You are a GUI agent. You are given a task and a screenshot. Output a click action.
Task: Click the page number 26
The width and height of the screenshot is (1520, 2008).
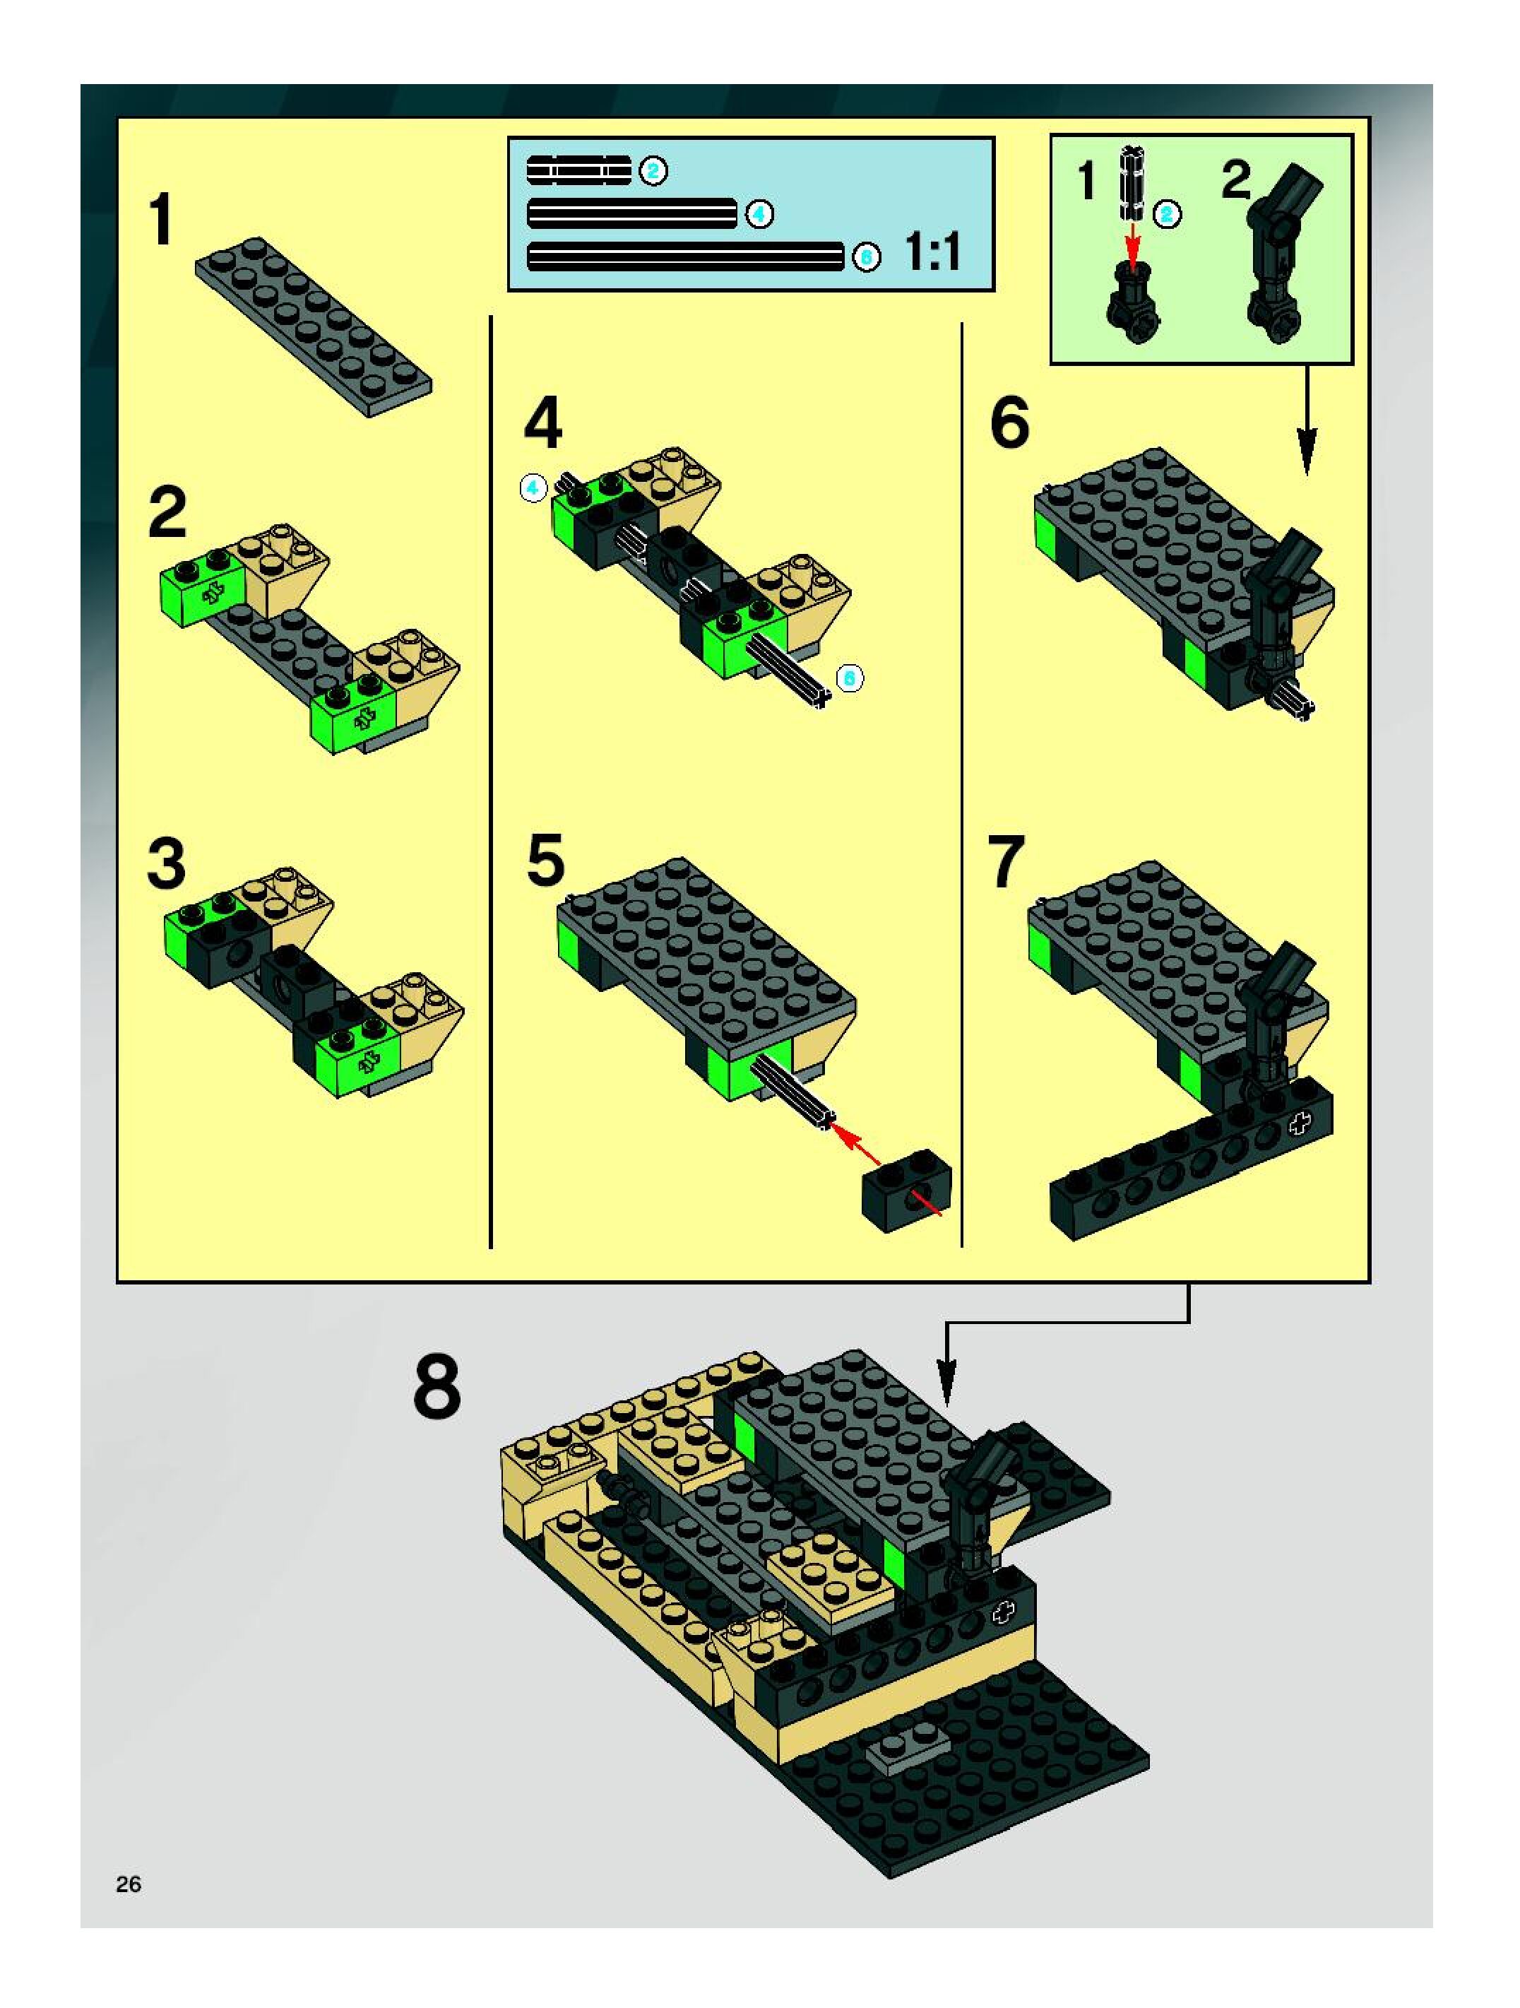(x=128, y=1884)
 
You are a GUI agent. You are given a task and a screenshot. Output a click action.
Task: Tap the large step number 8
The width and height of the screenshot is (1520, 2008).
(x=437, y=1386)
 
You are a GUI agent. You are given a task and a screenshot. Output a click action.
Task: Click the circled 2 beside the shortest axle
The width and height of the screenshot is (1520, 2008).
(x=653, y=171)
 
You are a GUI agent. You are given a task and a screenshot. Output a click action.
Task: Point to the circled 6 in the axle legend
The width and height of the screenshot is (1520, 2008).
(x=867, y=258)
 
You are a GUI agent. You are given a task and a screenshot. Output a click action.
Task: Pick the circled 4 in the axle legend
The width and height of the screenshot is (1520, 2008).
(x=759, y=215)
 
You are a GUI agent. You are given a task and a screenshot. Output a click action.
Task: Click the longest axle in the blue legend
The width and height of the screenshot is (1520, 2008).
(x=686, y=258)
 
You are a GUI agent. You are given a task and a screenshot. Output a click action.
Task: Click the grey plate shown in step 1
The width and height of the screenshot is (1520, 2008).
(x=313, y=328)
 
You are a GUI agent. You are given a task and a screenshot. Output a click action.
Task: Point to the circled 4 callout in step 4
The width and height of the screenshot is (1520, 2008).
(x=533, y=488)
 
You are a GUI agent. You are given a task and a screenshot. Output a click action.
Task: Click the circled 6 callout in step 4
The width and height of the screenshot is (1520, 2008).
(x=850, y=678)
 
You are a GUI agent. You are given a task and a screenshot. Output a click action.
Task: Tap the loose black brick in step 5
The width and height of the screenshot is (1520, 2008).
(x=906, y=1189)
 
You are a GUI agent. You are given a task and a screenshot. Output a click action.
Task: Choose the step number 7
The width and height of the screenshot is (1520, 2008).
(x=1007, y=863)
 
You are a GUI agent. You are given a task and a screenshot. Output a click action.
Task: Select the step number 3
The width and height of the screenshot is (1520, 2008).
(x=166, y=863)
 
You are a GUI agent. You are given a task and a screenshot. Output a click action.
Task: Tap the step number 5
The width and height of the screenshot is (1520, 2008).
(x=545, y=860)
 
